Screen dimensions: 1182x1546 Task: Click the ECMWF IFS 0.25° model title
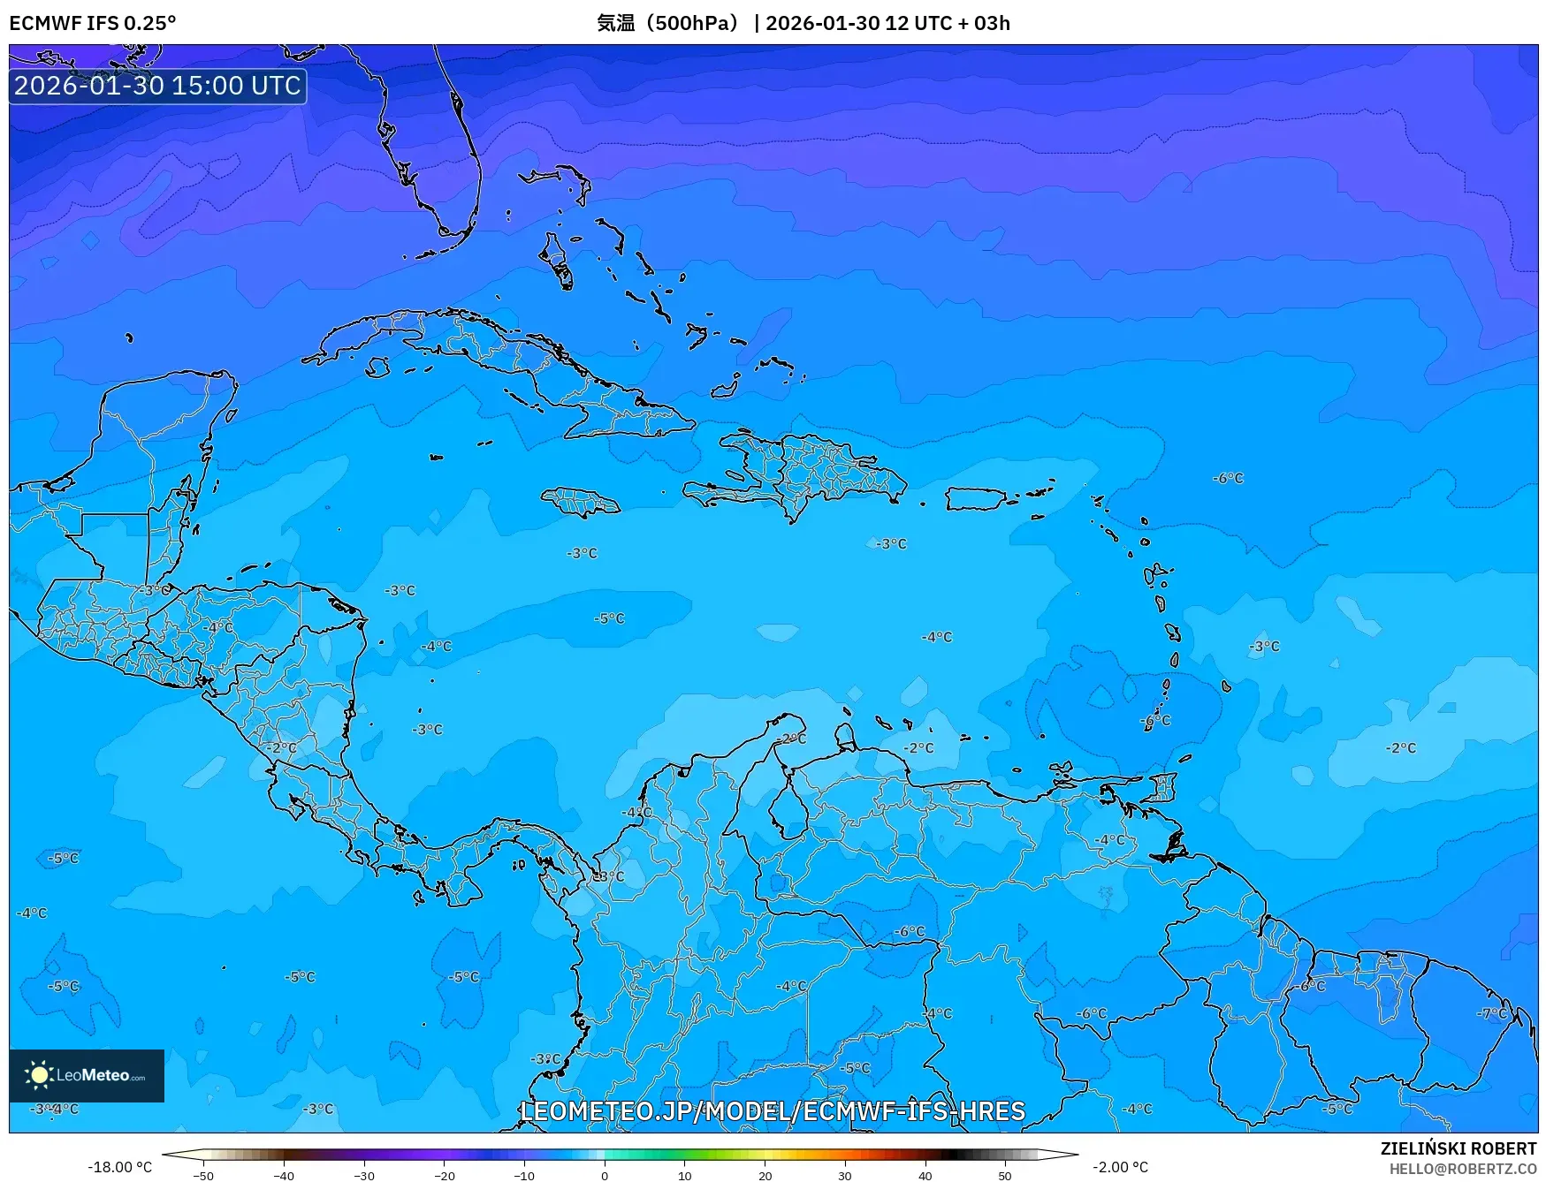(x=93, y=23)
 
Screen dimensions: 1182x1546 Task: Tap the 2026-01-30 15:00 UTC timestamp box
(x=157, y=86)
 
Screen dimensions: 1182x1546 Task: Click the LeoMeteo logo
(x=87, y=1075)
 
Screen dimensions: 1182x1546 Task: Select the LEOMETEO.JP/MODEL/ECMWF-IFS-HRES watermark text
(x=773, y=1110)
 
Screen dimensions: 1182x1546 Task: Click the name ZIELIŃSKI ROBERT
(x=1458, y=1148)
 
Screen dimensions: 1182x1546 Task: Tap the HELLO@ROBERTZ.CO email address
(x=1462, y=1169)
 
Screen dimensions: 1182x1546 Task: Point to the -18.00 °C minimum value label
(x=119, y=1167)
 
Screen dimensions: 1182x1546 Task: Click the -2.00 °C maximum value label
(x=1120, y=1167)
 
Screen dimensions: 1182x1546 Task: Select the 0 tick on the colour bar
(x=605, y=1175)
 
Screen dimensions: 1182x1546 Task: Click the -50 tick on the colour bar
(x=203, y=1175)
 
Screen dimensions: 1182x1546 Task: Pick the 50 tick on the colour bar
(x=1005, y=1175)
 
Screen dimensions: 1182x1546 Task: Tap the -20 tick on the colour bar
(x=444, y=1175)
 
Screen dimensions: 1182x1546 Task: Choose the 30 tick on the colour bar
(x=845, y=1175)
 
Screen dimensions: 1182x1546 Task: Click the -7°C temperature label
(x=1491, y=1013)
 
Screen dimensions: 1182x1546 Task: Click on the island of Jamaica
(x=581, y=502)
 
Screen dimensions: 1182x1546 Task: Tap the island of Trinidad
(x=1169, y=847)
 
